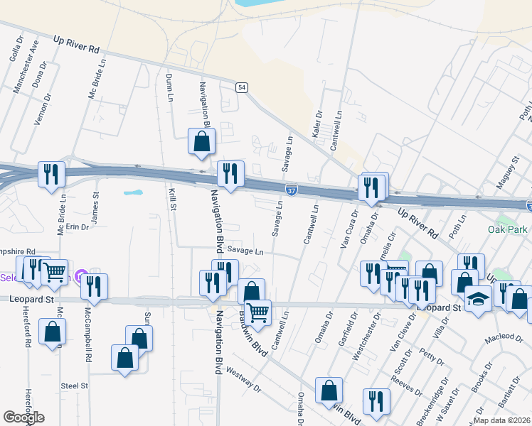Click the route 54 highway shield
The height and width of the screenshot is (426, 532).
coord(243,87)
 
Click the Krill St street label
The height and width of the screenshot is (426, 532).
coord(172,198)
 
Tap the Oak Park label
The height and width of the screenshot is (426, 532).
coord(508,229)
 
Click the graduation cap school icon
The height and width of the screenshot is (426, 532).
coord(479,299)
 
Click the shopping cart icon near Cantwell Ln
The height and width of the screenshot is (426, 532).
coord(257,310)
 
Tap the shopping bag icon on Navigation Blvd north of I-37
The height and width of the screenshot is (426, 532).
coord(202,141)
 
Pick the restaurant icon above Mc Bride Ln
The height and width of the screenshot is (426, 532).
coord(51,174)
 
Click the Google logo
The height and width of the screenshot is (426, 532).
coord(23,417)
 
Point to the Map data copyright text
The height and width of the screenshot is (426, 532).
coord(501,420)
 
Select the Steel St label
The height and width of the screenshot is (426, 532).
coord(74,386)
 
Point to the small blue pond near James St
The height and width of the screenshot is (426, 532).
coord(133,192)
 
